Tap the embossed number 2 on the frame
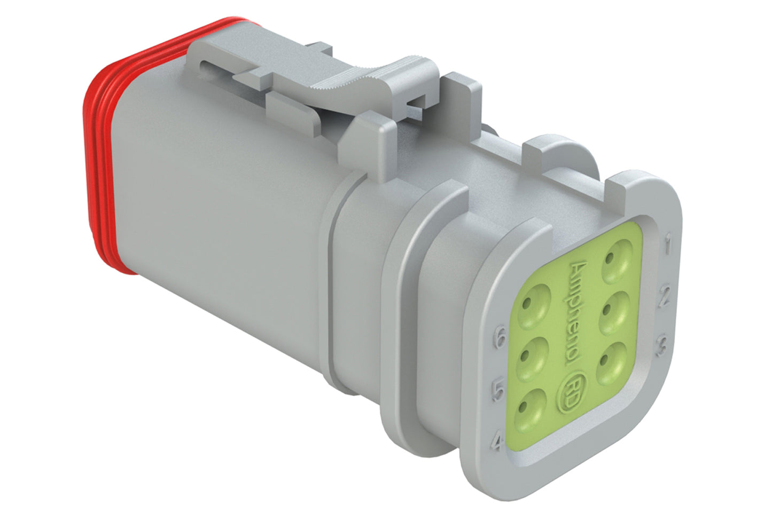[665, 297]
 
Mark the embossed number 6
[501, 339]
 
